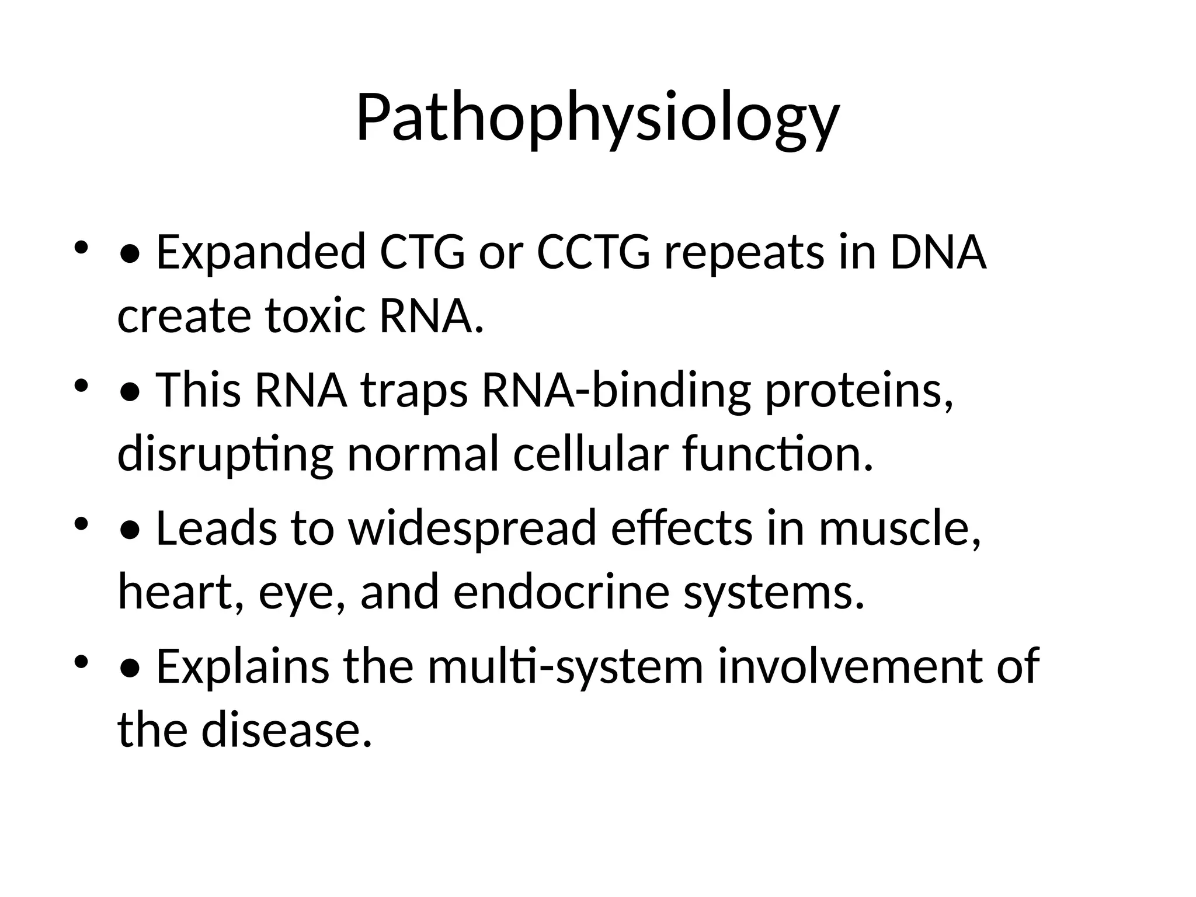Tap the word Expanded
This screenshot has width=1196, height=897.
(260, 252)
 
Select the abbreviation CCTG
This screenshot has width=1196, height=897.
(593, 252)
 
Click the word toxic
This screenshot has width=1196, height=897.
(316, 316)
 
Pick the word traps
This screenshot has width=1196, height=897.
(414, 390)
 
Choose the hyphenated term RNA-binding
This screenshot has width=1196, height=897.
(616, 390)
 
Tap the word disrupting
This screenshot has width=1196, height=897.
(225, 455)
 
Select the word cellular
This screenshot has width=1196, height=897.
(590, 454)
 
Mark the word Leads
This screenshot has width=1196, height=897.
(216, 528)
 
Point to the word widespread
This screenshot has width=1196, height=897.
(472, 528)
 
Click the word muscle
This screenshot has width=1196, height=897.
(899, 528)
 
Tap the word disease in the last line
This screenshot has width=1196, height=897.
(286, 730)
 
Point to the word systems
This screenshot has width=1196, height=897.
(774, 592)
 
